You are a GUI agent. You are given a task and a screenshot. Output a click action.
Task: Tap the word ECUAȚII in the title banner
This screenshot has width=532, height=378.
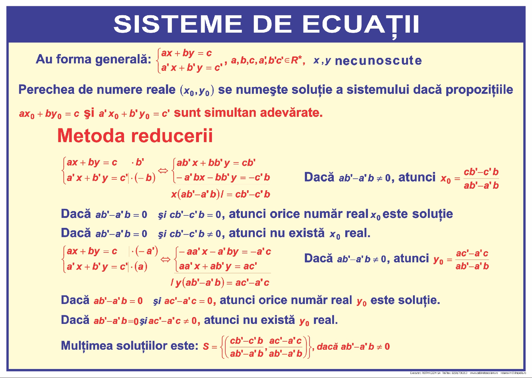[x=360, y=24]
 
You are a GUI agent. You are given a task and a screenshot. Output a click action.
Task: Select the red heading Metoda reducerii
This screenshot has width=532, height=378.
[x=135, y=136]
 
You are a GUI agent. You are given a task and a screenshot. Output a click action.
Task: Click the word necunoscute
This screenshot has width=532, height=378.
[x=378, y=60]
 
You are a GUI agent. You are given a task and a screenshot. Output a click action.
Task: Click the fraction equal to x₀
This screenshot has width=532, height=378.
[x=481, y=179]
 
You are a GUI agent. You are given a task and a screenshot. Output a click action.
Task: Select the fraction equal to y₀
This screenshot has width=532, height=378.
[x=472, y=260]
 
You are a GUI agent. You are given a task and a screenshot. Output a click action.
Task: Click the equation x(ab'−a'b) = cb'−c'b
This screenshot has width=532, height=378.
[x=220, y=194]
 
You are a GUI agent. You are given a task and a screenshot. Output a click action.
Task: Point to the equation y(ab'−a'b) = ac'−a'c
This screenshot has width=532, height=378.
[x=220, y=283]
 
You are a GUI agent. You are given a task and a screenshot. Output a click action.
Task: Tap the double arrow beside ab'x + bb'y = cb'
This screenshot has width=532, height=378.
[x=163, y=170]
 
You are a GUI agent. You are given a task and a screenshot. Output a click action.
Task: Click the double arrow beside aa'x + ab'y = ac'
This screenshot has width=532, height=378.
[x=166, y=259]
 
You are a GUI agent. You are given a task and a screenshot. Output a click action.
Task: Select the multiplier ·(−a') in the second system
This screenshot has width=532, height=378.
[x=145, y=251]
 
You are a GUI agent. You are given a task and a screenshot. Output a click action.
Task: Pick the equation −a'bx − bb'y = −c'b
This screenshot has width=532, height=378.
[x=223, y=177]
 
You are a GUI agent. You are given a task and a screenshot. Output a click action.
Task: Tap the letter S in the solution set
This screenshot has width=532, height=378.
[x=206, y=347]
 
